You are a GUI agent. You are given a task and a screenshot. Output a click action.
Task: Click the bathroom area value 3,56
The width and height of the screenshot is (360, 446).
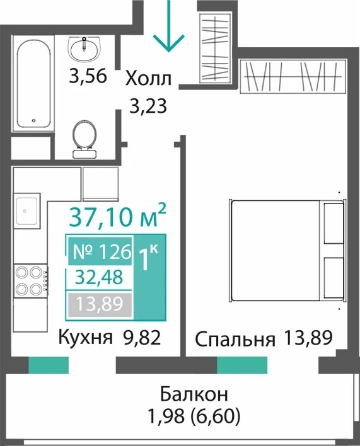pyautogui.click(x=88, y=76)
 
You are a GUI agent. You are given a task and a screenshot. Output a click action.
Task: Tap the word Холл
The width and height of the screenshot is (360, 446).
pyautogui.click(x=149, y=79)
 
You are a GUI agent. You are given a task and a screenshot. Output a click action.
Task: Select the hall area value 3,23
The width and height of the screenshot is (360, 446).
pyautogui.click(x=148, y=106)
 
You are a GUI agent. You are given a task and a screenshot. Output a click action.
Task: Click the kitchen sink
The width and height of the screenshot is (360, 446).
pyautogui.click(x=26, y=210)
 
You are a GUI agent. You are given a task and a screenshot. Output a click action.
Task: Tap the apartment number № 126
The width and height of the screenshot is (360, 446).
pyautogui.click(x=102, y=251)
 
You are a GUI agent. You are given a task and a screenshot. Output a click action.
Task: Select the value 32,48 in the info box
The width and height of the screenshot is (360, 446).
pyautogui.click(x=99, y=277)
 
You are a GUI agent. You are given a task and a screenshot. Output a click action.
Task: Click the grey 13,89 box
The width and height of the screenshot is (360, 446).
pyautogui.click(x=100, y=304)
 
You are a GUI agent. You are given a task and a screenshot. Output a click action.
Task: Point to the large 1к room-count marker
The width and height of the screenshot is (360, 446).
pyautogui.click(x=148, y=258)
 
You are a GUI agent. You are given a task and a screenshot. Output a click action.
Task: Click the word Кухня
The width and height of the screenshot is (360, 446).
pyautogui.click(x=85, y=338)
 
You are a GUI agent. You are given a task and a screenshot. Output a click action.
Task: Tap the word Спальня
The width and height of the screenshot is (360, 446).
pyautogui.click(x=235, y=339)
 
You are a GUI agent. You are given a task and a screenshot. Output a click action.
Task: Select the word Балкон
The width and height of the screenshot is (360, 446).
pyautogui.click(x=194, y=394)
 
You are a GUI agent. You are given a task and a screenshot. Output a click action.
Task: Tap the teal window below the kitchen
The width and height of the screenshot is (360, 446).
pyautogui.click(x=49, y=365)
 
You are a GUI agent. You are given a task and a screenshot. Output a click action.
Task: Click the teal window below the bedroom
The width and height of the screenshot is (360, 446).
pyautogui.click(x=242, y=365)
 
